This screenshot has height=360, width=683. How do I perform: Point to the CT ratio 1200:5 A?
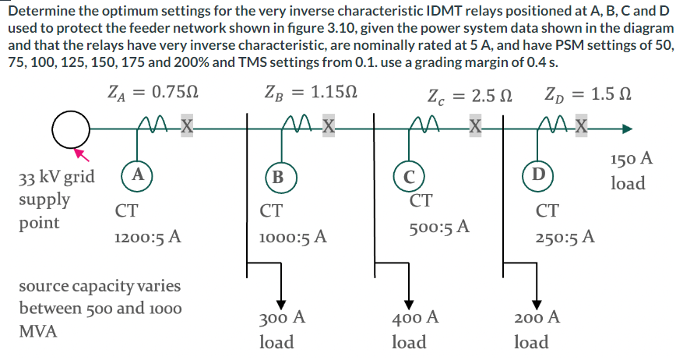point(148,237)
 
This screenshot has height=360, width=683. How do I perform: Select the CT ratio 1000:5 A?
point(293,237)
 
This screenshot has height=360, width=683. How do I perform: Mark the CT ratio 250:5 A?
point(565,236)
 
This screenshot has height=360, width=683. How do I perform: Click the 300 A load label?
point(280,317)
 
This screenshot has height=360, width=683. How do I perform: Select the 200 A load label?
point(537,317)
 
